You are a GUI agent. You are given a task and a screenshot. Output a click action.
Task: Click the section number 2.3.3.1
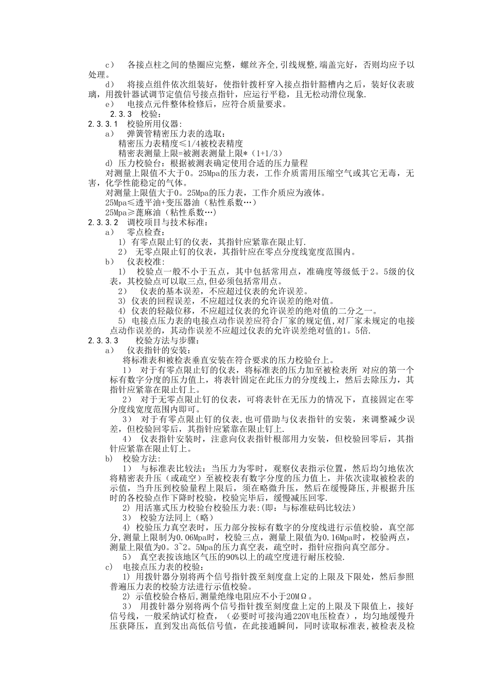pos(103,124)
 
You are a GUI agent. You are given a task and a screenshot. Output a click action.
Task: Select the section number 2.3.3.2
pos(103,223)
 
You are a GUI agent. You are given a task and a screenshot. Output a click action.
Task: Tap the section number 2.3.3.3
pos(103,340)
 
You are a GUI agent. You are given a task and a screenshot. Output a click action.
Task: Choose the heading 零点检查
pos(144,232)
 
